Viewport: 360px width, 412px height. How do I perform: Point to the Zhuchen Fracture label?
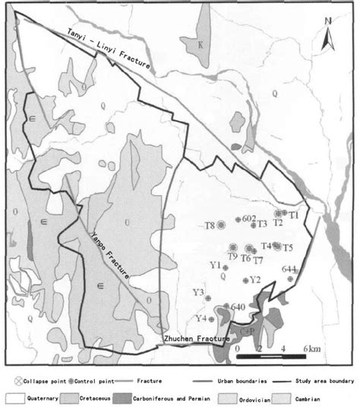(x=194, y=338)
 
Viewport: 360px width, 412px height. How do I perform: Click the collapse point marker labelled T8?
(x=221, y=225)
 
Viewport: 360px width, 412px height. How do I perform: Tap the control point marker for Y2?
(x=245, y=281)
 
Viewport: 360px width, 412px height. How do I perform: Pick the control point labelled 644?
(x=290, y=278)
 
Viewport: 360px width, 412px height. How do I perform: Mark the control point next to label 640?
(x=223, y=308)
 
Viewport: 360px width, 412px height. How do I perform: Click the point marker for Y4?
(x=212, y=319)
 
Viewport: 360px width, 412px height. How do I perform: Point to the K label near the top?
(x=201, y=45)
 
